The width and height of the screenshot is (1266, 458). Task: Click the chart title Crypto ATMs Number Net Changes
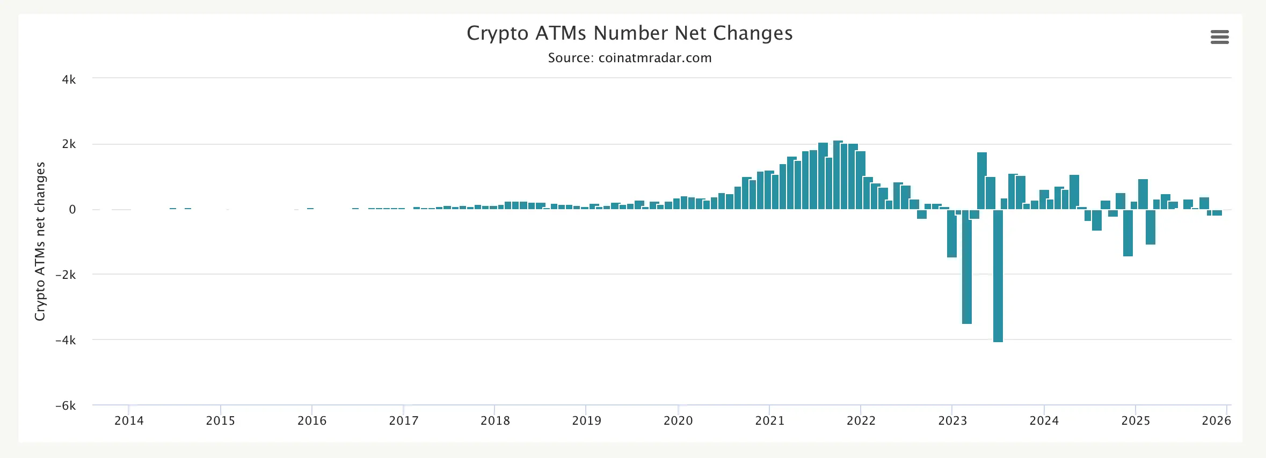[629, 33]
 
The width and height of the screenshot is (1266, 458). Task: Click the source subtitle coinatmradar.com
[629, 58]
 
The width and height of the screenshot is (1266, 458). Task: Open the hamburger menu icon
[1219, 37]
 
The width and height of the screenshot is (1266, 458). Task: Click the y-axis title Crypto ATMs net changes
[40, 241]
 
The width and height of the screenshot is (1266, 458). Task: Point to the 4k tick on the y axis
[69, 79]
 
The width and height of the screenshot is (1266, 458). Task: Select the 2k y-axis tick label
[69, 144]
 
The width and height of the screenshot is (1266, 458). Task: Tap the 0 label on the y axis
[72, 210]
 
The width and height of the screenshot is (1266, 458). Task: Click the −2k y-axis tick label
[66, 275]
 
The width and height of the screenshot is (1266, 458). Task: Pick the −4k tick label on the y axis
[66, 340]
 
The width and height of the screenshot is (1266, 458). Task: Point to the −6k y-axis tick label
[66, 405]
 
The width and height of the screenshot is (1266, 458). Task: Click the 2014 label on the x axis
[129, 420]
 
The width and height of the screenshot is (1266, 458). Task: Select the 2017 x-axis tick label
[403, 420]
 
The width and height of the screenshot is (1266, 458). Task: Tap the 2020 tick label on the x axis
[678, 420]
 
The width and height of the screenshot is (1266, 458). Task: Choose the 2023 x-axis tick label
[952, 420]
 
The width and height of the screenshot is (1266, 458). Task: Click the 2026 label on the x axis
[1216, 420]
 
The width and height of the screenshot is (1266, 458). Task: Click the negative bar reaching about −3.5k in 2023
[966, 268]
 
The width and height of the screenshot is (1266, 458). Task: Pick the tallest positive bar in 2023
[981, 181]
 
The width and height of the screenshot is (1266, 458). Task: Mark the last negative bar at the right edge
[1217, 213]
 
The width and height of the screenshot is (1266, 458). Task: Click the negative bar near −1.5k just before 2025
[1127, 233]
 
